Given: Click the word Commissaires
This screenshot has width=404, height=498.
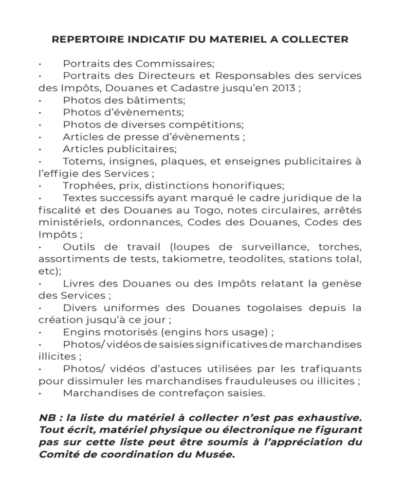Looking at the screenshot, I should tap(174, 64).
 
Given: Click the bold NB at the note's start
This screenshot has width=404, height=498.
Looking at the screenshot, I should tap(48, 419).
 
